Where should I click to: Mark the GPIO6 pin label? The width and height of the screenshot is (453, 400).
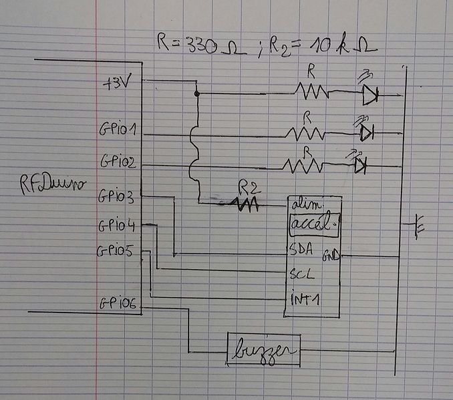pos(118,304)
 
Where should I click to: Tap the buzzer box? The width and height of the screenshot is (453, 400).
pos(263,349)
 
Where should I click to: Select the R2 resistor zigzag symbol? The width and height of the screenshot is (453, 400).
pos(244,204)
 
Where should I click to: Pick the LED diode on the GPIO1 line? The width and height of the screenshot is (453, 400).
pos(365,134)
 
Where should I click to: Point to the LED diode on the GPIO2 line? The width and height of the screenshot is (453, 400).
pos(360,165)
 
